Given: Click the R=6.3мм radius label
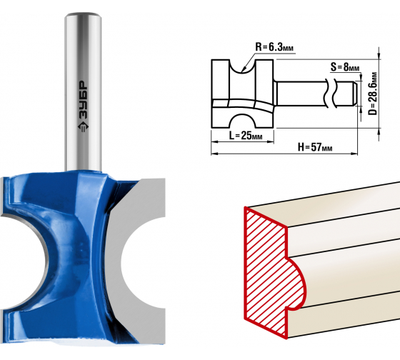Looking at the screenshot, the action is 274,47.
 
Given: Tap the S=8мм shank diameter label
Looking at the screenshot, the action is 345,67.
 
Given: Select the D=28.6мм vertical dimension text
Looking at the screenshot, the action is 373,94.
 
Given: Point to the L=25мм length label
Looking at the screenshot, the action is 246,135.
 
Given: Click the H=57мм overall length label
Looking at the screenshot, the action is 315,147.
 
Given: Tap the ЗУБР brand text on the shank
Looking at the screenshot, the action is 83,100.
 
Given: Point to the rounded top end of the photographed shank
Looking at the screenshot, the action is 83,15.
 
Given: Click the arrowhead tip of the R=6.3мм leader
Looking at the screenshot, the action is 242,71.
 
